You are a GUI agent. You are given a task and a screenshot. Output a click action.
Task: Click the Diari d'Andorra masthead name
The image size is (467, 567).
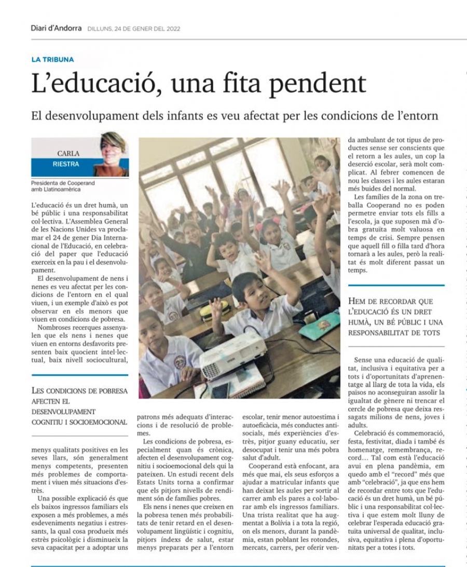(56, 29)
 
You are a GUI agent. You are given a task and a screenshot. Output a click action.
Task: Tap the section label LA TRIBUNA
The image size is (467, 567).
(52, 60)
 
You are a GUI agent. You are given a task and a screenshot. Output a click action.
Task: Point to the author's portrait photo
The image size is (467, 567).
(111, 154)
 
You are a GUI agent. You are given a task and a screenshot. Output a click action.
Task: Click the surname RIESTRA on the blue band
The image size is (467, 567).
(65, 164)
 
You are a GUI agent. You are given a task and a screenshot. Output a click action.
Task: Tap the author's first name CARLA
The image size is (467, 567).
(67, 153)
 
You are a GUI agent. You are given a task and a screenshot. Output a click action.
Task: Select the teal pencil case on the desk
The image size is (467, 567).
(320, 326)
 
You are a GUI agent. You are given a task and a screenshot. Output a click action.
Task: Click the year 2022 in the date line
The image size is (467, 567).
(172, 29)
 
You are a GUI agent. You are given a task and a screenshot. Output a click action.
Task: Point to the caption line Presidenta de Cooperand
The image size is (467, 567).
(63, 183)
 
